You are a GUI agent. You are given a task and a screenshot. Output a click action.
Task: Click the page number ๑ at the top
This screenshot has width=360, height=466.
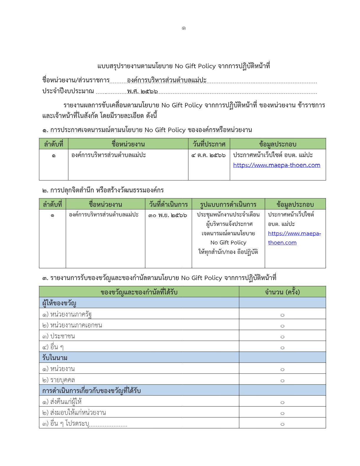coord(184,28)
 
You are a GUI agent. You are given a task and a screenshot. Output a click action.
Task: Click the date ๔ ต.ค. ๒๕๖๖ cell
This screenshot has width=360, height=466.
coord(209,155)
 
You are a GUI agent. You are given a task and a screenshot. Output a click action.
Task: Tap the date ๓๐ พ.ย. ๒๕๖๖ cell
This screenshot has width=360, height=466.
coord(168,215)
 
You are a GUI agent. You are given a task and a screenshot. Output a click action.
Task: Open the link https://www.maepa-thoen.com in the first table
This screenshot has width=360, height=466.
coord(276,165)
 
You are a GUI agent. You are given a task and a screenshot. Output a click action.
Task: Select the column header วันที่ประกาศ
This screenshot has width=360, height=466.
coord(209,144)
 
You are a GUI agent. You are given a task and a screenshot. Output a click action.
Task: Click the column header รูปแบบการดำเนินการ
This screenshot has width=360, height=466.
coord(228,204)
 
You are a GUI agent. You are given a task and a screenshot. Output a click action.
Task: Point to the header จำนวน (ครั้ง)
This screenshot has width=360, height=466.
coord(282,292)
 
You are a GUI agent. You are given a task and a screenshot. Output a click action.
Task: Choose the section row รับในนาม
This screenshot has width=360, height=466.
coord(55,358)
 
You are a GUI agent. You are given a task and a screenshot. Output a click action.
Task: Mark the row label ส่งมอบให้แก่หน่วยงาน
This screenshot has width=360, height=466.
coord(74,412)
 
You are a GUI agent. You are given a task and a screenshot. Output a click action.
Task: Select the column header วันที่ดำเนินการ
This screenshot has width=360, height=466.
coord(168,204)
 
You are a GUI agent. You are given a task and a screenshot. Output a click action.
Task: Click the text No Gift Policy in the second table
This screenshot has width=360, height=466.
coord(228,242)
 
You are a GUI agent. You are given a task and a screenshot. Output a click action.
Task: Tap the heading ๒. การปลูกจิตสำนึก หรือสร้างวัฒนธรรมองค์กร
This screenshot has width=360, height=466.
coord(103,190)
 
